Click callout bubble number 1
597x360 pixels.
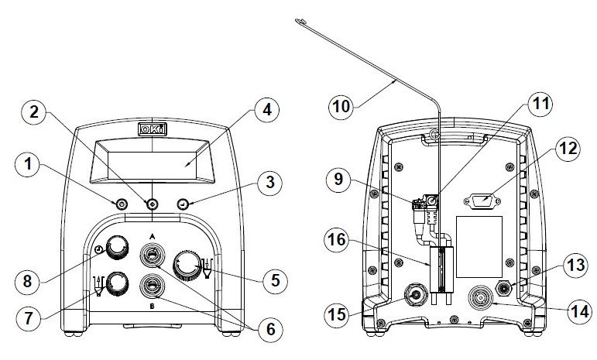click(x=28, y=164)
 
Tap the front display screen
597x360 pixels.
click(x=151, y=162)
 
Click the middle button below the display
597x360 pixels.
click(x=152, y=204)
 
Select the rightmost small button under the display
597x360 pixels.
click(x=184, y=204)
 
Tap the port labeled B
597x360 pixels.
click(x=152, y=287)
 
